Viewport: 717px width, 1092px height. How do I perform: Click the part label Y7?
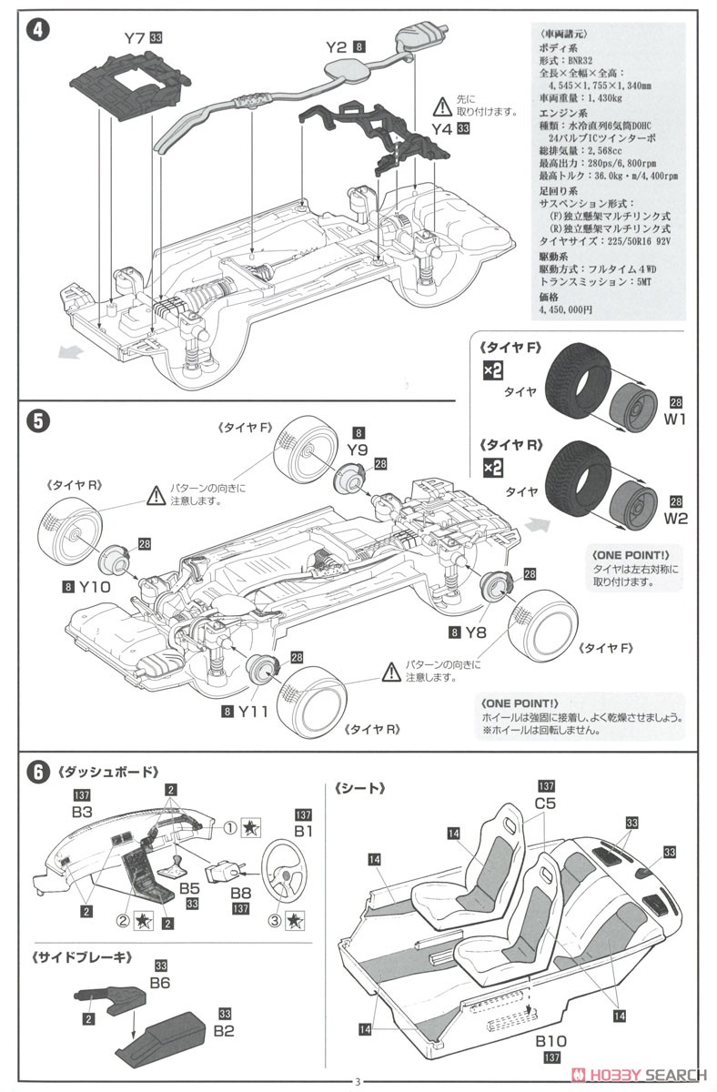(x=135, y=38)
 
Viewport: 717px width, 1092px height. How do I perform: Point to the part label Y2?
(x=337, y=45)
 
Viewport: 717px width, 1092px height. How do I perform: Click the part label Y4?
(x=441, y=129)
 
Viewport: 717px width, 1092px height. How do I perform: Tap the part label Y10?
(x=94, y=587)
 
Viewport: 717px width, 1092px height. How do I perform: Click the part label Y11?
(x=253, y=712)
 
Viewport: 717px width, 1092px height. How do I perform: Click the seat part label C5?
(x=546, y=804)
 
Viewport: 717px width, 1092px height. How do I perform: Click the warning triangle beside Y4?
(x=442, y=105)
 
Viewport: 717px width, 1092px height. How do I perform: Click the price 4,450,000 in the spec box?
(x=565, y=309)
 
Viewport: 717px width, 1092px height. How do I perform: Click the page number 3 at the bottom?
(x=358, y=1081)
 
